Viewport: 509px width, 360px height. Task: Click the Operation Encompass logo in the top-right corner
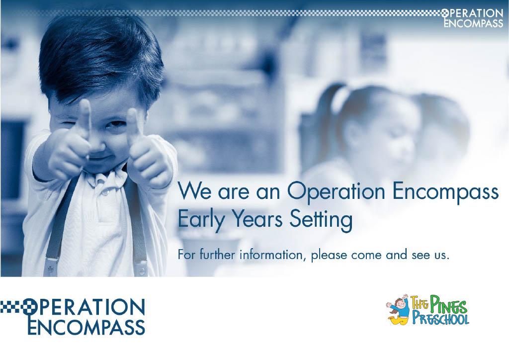pyautogui.click(x=472, y=18)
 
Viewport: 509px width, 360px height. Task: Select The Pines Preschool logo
pyautogui.click(x=427, y=309)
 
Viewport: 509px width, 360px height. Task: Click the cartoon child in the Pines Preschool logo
pyautogui.click(x=398, y=309)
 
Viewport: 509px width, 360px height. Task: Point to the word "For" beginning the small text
pyautogui.click(x=186, y=256)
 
